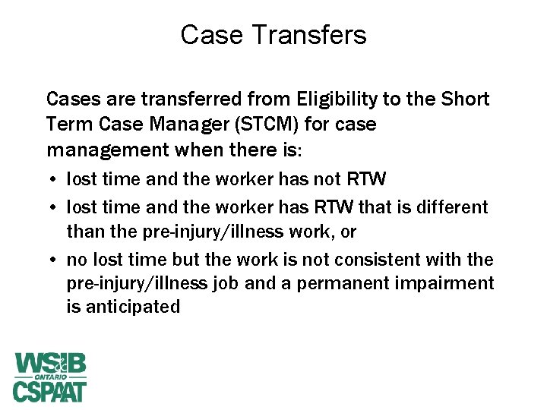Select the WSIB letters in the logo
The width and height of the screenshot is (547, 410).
click(50, 363)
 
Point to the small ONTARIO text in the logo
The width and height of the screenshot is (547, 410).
click(50, 377)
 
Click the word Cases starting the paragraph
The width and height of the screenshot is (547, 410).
click(70, 99)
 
